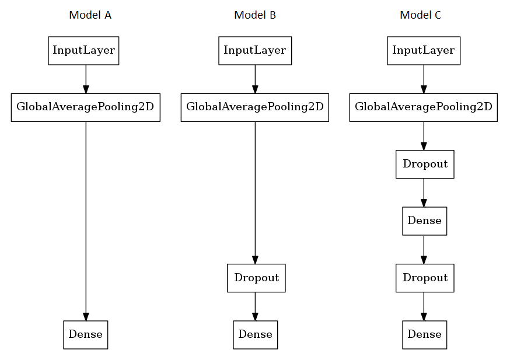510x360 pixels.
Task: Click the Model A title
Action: coord(90,15)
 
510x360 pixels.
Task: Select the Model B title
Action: coord(255,15)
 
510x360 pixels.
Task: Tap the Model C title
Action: coord(420,15)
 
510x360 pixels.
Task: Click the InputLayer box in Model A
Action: coord(83,51)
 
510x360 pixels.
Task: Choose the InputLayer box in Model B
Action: coord(255,51)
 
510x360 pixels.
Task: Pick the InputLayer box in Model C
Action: coord(424,51)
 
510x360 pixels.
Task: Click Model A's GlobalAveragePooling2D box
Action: coord(85,107)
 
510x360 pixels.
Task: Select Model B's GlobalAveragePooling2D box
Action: coord(255,107)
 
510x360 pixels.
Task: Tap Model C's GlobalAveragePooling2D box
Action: coord(424,107)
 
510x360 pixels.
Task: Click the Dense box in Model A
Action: coord(85,335)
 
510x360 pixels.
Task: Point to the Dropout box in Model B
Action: coord(256,278)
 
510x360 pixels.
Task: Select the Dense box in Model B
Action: coord(255,335)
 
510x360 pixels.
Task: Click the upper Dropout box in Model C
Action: coord(425,165)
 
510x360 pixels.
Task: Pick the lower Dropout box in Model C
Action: coord(425,278)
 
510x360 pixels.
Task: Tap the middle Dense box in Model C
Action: coord(424,221)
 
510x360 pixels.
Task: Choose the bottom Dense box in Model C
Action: coord(424,335)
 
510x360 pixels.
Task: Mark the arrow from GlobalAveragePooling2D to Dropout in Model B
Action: coord(255,193)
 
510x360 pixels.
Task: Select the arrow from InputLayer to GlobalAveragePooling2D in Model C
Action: coord(424,79)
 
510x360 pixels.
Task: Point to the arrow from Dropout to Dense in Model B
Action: coord(255,306)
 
